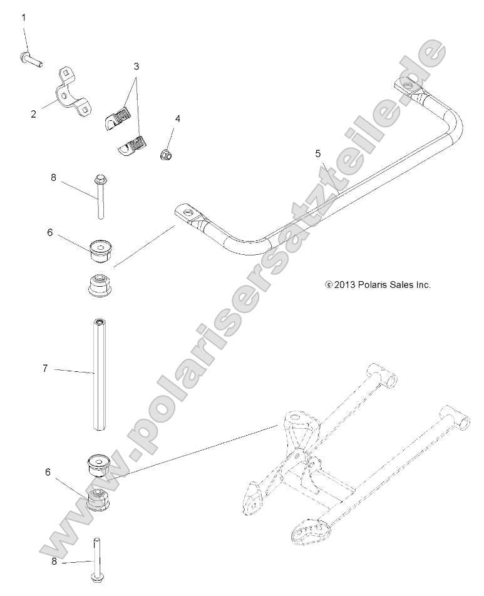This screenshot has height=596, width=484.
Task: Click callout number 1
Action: click(x=24, y=18)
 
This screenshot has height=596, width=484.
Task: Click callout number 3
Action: click(x=136, y=65)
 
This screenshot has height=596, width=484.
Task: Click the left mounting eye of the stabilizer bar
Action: click(x=186, y=213)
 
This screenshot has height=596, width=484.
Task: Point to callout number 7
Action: click(x=44, y=369)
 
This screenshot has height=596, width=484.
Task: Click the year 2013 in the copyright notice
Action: click(x=345, y=284)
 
